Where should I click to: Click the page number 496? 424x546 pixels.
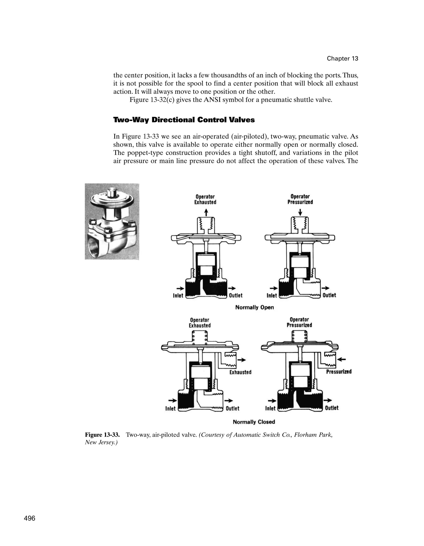(x=30, y=518)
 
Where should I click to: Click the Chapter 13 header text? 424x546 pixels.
(x=342, y=59)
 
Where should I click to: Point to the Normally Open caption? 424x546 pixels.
(x=254, y=307)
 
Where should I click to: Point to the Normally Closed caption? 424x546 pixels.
(x=254, y=422)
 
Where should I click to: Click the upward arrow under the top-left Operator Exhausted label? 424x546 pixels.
(x=206, y=213)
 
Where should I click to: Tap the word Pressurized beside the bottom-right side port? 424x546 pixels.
(x=339, y=372)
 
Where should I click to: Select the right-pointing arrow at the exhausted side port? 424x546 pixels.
(x=242, y=360)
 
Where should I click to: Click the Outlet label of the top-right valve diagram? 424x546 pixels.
(x=329, y=295)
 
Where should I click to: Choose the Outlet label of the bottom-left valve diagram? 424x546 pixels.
(x=232, y=408)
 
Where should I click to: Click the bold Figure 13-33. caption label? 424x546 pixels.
(x=102, y=435)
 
